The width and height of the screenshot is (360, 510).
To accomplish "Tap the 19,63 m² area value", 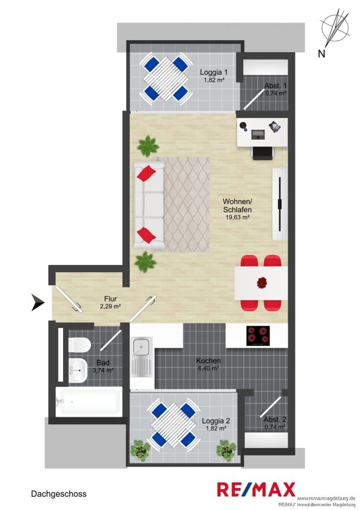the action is [237, 217].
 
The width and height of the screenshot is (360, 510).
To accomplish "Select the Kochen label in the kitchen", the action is [208, 361].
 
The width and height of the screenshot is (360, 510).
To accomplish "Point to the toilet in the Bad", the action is [79, 344].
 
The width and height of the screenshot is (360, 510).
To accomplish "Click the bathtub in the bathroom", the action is [89, 402].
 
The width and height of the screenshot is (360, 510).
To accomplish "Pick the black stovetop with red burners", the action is [258, 336].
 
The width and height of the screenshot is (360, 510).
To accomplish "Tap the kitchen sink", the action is [142, 357].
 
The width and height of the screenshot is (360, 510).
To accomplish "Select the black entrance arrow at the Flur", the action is [38, 302].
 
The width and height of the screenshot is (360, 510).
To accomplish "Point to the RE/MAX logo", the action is [256, 490].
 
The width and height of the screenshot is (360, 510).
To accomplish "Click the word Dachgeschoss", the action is [59, 494].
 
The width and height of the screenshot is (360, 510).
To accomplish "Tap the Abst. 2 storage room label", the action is [275, 420].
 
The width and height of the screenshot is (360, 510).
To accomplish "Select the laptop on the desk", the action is [258, 134].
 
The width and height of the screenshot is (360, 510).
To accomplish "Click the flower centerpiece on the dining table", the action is [261, 282].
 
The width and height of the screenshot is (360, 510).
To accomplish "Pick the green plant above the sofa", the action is [148, 146].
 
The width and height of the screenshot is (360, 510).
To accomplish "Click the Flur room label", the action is [110, 298].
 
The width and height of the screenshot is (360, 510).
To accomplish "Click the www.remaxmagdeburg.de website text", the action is [326, 499].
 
